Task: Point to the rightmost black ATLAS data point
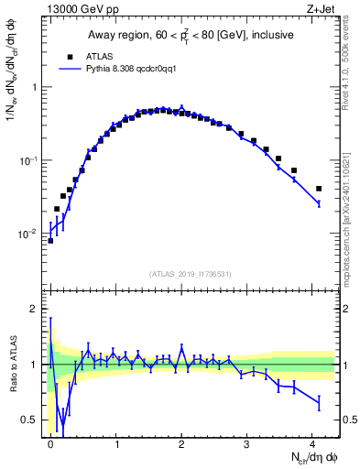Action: (318, 189)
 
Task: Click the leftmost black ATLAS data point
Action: (50, 241)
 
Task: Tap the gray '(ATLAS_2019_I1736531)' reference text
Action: (191, 274)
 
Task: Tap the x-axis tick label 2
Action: (182, 442)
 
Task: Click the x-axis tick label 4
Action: (313, 442)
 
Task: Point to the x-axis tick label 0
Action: (50, 442)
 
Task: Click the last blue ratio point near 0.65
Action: (318, 402)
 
